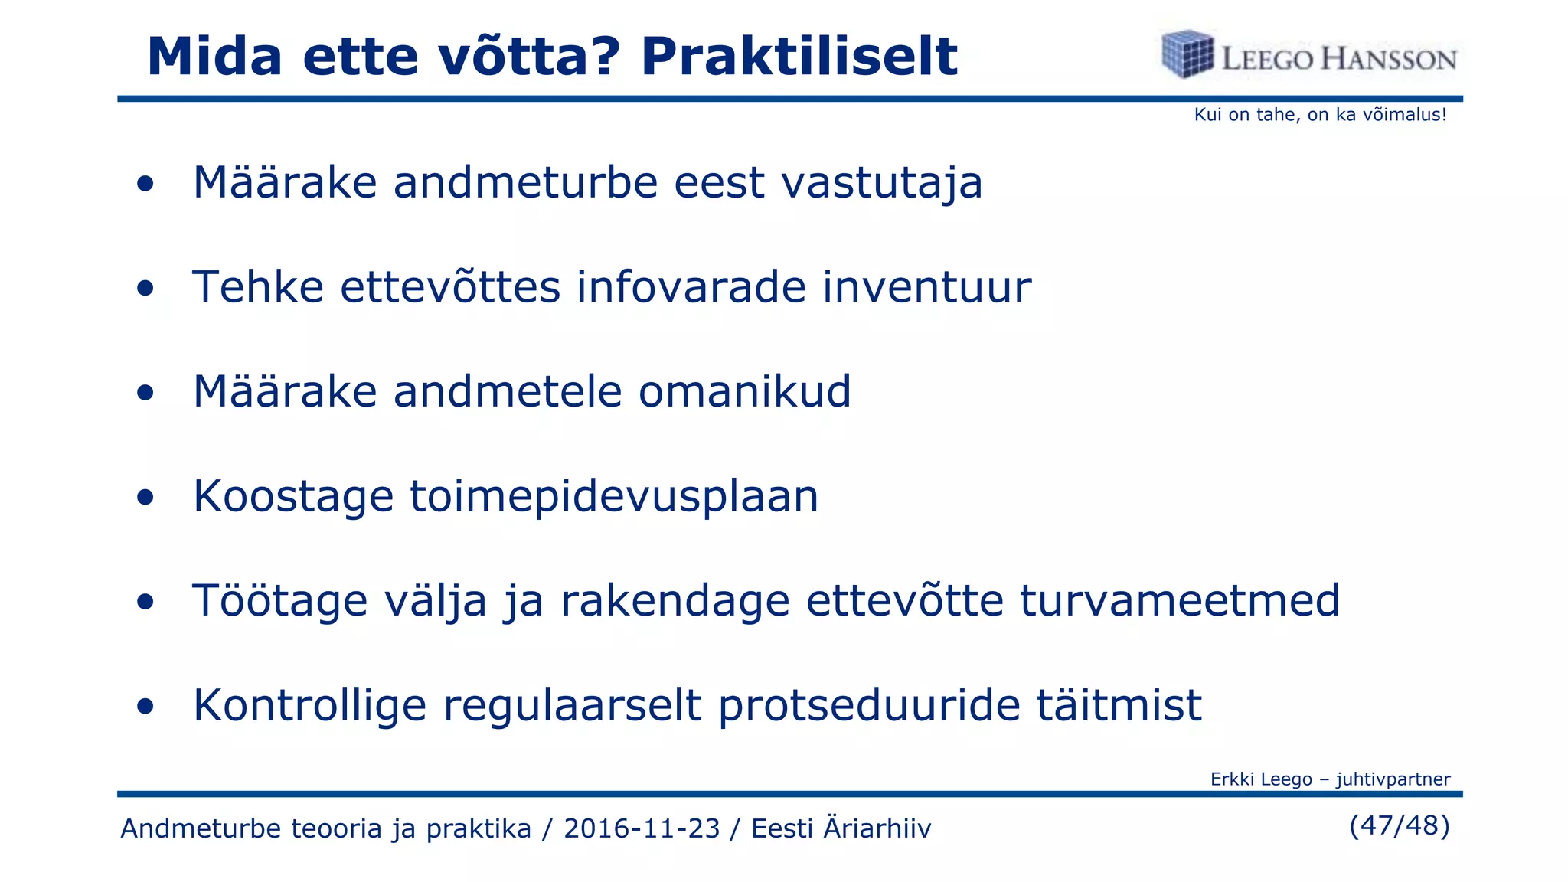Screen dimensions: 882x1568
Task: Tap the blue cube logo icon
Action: click(x=1187, y=54)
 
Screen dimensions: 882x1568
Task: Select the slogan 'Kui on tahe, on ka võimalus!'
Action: click(x=1320, y=115)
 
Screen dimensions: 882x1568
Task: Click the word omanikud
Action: click(x=744, y=391)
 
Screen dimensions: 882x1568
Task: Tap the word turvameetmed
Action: click(x=1180, y=600)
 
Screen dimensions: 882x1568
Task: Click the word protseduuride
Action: click(x=869, y=705)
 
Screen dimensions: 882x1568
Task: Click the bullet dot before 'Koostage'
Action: click(x=145, y=498)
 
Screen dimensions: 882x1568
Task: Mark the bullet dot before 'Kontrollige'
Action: click(x=145, y=707)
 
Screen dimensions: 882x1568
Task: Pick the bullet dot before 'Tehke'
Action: click(x=145, y=289)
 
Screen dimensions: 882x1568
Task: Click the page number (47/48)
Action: click(x=1399, y=825)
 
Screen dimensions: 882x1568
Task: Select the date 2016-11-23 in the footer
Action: click(x=642, y=828)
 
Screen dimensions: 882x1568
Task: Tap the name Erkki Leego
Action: click(x=1261, y=779)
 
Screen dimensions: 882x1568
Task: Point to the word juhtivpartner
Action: click(x=1393, y=779)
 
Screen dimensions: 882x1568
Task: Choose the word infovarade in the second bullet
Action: click(x=691, y=287)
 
